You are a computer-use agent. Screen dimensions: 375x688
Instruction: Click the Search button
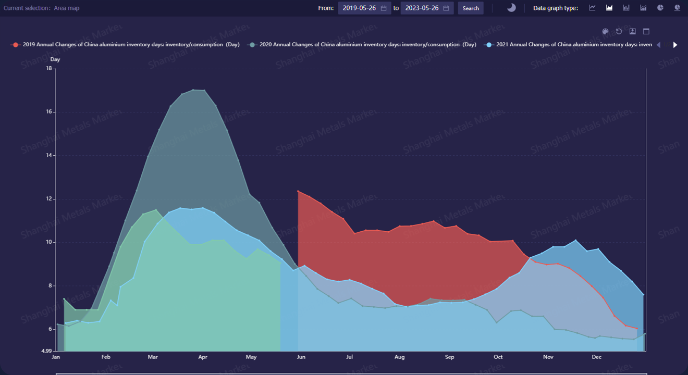tap(471, 8)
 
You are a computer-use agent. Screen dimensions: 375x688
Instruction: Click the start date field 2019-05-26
tap(364, 8)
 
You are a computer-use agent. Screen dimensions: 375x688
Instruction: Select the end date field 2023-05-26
tap(427, 8)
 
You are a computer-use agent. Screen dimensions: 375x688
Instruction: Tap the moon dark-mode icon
tap(511, 8)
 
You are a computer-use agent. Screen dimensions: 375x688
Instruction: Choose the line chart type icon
tap(592, 8)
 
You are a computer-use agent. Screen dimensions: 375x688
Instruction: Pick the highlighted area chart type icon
tap(609, 8)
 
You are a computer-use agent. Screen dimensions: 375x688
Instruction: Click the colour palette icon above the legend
tap(605, 31)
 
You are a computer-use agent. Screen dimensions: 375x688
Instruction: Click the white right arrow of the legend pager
tap(675, 45)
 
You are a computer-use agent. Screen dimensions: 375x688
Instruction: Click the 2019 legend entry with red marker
tap(125, 45)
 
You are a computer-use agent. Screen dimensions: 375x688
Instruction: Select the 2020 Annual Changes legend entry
tap(362, 45)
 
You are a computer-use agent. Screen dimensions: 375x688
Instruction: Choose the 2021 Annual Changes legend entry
tap(568, 45)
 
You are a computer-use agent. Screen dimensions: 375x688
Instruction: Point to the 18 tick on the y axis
tap(50, 68)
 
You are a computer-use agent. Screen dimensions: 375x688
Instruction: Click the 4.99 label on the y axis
tap(46, 351)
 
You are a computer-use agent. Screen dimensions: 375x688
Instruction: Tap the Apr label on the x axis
tap(203, 357)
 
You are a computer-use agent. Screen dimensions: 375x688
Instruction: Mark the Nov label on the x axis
tap(548, 357)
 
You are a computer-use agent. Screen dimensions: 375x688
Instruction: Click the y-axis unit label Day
tap(55, 59)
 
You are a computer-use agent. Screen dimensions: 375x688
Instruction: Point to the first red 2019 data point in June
tap(298, 191)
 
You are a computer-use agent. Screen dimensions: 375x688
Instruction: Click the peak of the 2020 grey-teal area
tap(194, 90)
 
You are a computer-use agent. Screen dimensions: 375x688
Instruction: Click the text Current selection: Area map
tap(42, 8)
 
